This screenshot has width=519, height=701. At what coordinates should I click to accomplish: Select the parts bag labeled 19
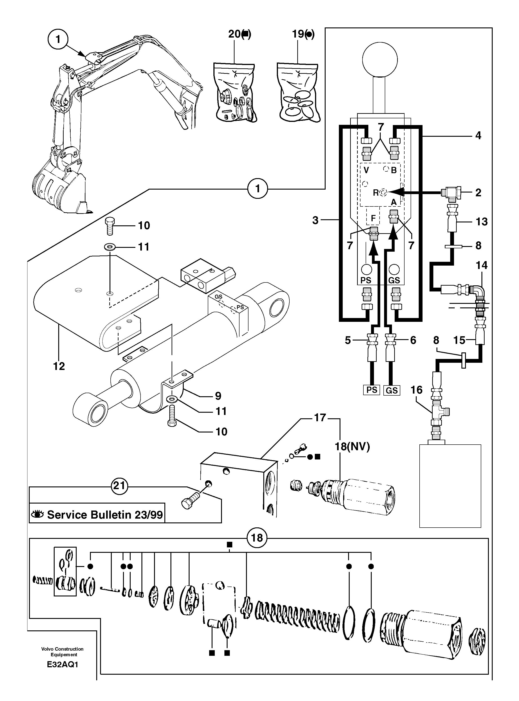click(298, 93)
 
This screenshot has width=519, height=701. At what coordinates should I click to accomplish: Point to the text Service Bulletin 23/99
click(105, 515)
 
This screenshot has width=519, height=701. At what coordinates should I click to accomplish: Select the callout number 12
click(59, 366)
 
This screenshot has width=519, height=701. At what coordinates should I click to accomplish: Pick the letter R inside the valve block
click(376, 193)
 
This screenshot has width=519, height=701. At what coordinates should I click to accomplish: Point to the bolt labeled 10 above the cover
click(109, 226)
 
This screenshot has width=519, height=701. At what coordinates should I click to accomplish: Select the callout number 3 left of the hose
click(315, 220)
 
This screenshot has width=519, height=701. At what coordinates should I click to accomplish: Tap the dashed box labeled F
click(373, 218)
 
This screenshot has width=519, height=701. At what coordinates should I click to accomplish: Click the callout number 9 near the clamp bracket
click(218, 396)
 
